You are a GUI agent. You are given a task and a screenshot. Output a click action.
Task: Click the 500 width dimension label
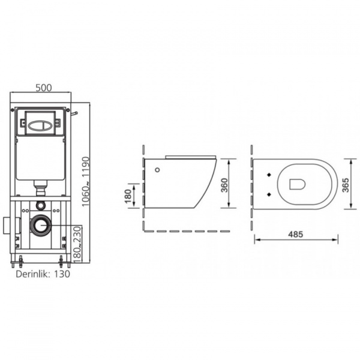(43, 88)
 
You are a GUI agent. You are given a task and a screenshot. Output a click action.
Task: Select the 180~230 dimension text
(77, 244)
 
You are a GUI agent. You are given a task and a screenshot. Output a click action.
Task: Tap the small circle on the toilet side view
(157, 170)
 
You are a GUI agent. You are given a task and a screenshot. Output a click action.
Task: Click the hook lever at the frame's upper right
(74, 112)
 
